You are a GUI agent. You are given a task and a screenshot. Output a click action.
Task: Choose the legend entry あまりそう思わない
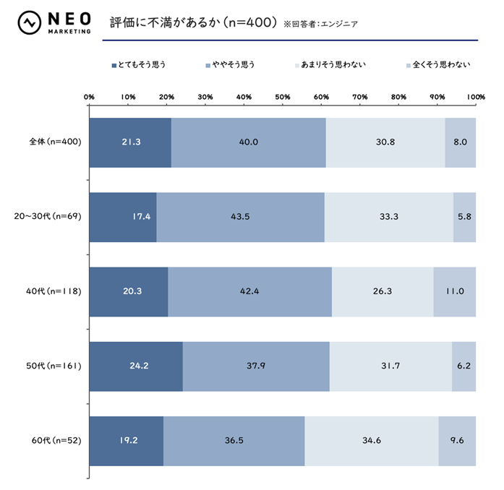(x=332, y=65)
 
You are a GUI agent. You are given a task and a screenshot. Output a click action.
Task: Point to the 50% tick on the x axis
(x=283, y=96)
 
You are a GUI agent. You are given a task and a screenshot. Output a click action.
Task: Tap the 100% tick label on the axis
(x=475, y=96)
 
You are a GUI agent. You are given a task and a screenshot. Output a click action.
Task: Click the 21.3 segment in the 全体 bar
(x=130, y=142)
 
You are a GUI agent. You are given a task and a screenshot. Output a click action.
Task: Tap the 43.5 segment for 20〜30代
(x=240, y=217)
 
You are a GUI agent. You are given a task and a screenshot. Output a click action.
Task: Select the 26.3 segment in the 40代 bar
(x=383, y=291)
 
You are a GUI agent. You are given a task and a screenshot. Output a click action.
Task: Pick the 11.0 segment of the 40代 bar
(x=455, y=291)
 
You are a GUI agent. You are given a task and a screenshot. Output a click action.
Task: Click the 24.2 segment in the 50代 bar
(x=136, y=366)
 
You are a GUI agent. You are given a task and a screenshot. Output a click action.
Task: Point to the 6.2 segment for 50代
(x=464, y=366)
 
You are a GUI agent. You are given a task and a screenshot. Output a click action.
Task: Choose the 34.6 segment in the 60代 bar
(x=371, y=441)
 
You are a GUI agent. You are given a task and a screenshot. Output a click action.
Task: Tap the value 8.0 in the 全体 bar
(x=461, y=142)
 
